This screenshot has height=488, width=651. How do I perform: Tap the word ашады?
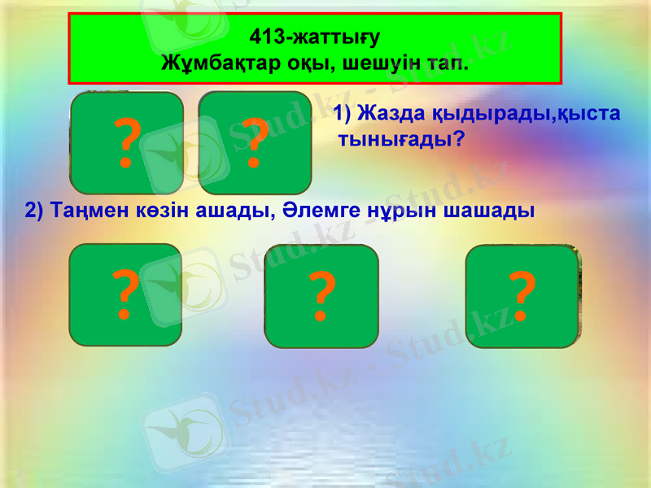(x=235, y=211)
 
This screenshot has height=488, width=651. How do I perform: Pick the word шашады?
(x=487, y=211)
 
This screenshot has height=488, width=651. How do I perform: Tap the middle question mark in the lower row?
(x=321, y=298)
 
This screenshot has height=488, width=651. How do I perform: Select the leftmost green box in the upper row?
(x=126, y=142)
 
